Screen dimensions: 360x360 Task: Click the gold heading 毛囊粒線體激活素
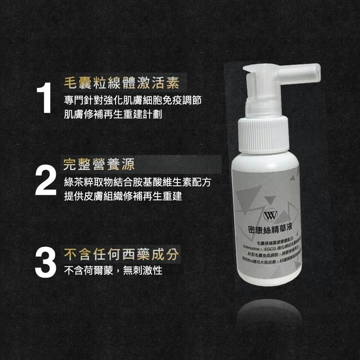pos(121,83)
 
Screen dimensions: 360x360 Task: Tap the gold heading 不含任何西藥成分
pos(121,254)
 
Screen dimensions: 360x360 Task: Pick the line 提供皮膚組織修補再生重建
pos(122,197)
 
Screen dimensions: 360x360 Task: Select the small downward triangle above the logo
pos(269,199)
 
